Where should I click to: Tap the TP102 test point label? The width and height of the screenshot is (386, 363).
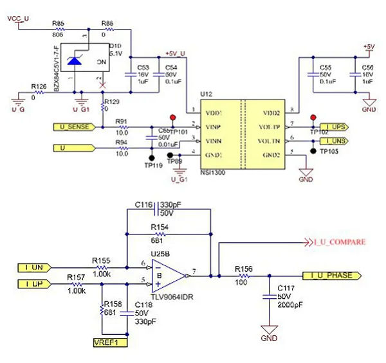click(x=318, y=132)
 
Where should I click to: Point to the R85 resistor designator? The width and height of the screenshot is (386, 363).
click(x=58, y=23)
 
